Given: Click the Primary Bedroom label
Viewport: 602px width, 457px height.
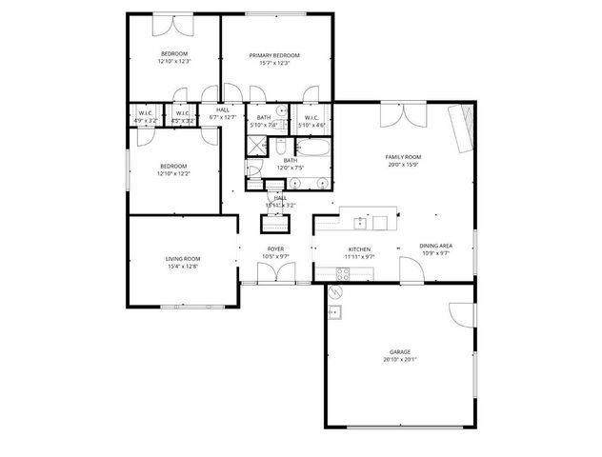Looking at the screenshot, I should point(274,55).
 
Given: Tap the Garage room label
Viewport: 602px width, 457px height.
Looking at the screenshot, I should point(399,351).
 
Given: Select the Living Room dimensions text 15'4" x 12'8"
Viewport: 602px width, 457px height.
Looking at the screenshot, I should point(183,267).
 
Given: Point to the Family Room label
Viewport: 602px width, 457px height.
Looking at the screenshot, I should point(403,157).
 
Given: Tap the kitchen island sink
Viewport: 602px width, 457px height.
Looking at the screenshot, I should point(359,223).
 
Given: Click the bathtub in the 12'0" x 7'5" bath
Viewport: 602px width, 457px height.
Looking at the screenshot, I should point(313,148).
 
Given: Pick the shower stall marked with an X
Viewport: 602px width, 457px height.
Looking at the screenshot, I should point(258,146).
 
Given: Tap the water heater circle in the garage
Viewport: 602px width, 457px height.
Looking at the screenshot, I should point(334,311).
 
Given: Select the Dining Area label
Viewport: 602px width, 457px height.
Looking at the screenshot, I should point(435,246).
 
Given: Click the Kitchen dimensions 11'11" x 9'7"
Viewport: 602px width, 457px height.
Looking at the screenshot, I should point(360,256).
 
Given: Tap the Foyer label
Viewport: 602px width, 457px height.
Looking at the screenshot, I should point(275,248).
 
